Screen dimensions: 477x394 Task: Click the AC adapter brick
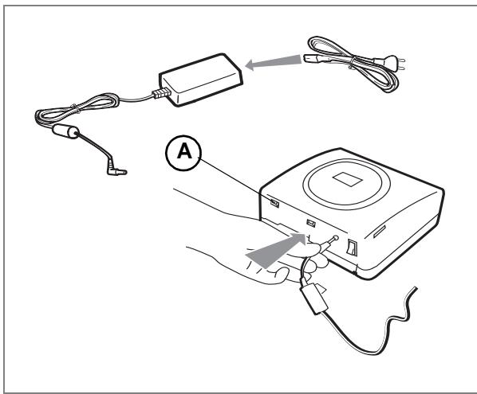[201, 80]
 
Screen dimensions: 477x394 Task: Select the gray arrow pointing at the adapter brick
[273, 62]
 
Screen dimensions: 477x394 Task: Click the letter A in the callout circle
[184, 151]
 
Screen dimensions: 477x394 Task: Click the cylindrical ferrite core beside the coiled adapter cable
[65, 132]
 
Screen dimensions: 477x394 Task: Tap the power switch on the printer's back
[352, 248]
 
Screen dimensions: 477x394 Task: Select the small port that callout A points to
[274, 203]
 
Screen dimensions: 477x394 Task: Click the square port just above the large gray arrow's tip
[310, 224]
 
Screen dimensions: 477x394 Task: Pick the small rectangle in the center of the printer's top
[347, 179]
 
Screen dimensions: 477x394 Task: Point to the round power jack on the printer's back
[336, 238]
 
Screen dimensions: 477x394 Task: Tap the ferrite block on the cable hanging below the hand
[314, 299]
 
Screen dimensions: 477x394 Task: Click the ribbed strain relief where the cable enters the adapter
[160, 93]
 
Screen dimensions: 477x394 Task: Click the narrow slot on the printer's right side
[380, 232]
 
